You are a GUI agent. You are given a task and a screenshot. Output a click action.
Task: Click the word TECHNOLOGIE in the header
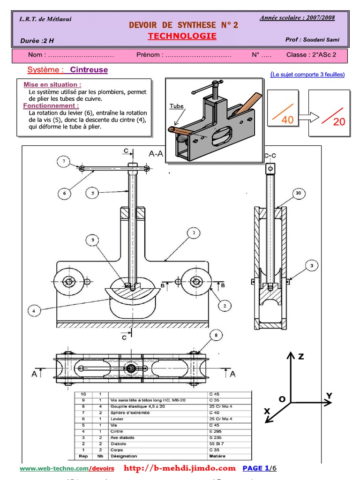tap(182, 36)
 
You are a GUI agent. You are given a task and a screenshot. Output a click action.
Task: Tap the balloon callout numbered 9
tap(93, 240)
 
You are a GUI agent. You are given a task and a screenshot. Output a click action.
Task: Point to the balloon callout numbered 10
tap(299, 193)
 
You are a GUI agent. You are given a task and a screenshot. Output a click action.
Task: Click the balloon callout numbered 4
tap(34, 310)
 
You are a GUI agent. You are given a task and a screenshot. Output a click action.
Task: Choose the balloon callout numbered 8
tap(216, 335)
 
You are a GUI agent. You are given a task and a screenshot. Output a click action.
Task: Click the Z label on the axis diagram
tap(301, 357)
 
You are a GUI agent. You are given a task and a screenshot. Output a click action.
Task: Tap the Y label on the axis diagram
tap(329, 396)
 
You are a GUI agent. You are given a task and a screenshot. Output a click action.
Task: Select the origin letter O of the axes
tap(282, 399)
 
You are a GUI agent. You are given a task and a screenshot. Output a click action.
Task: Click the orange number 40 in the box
tap(287, 120)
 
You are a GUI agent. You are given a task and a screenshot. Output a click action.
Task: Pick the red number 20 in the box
tap(338, 122)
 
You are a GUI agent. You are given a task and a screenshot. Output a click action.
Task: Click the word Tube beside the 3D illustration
tap(176, 106)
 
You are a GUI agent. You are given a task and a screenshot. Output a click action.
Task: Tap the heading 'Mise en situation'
tap(52, 84)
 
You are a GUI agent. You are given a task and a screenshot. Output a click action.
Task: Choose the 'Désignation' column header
tap(124, 456)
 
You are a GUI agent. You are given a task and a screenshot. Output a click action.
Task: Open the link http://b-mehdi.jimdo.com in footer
tap(180, 468)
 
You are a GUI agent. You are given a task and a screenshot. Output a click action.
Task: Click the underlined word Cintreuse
tap(89, 70)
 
